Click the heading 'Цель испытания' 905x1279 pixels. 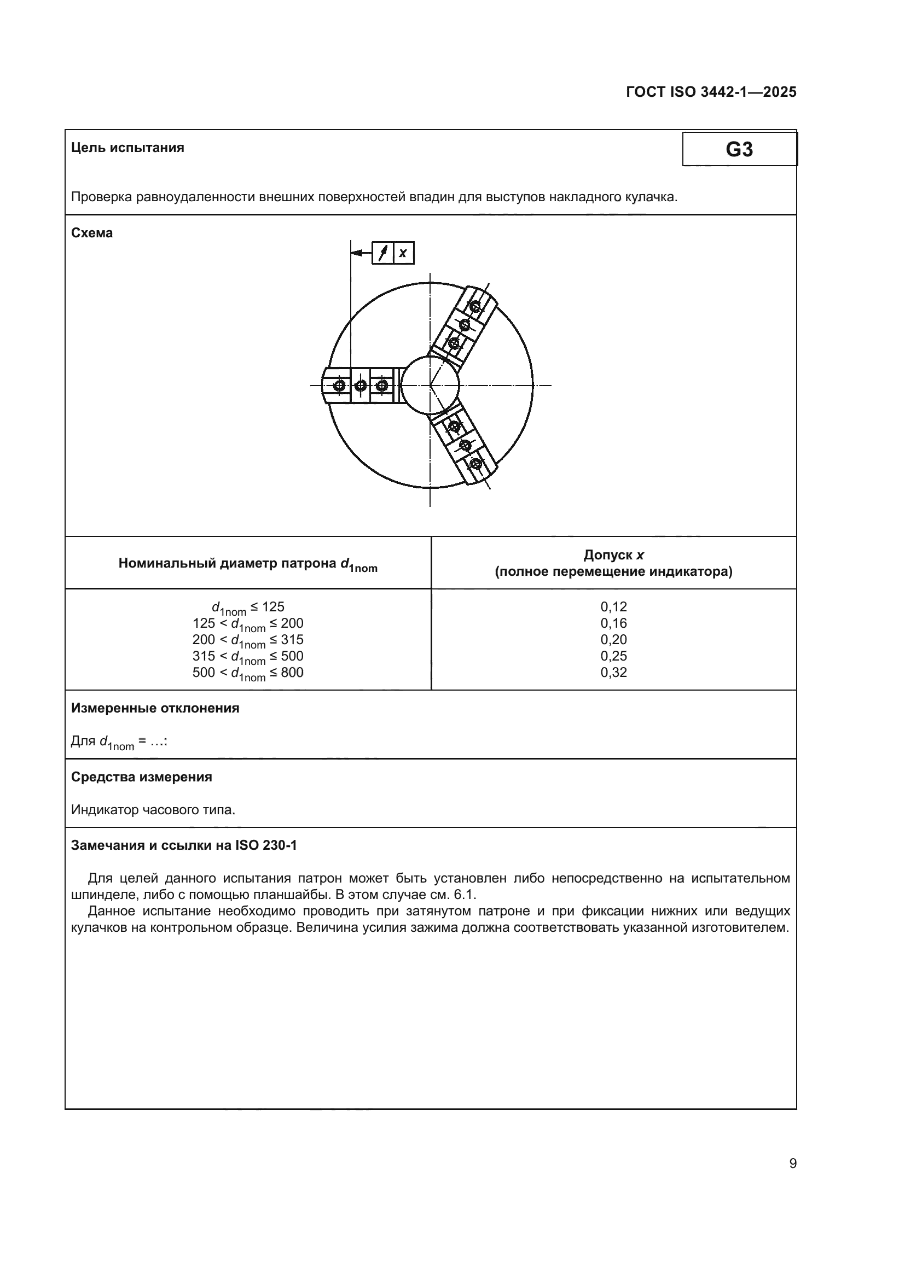pos(127,148)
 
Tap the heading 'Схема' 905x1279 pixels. pos(92,233)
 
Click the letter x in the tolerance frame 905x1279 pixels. pos(403,254)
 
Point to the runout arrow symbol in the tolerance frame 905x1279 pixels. pos(383,254)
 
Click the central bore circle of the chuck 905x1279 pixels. pos(430,385)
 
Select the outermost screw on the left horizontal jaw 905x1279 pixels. pos(339,386)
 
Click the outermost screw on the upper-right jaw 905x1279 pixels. pos(475,306)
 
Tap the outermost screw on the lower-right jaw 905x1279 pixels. pos(475,464)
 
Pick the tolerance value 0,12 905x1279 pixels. pos(613,606)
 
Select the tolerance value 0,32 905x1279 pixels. pos(613,673)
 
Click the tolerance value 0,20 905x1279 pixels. pos(613,640)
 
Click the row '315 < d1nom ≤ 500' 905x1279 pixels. pos(248,657)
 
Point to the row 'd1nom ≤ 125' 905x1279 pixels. pos(248,608)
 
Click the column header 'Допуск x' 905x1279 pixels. pos(613,555)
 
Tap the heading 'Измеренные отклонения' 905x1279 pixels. pos(155,709)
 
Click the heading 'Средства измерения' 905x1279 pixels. pos(142,777)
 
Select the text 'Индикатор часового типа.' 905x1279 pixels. pos(153,810)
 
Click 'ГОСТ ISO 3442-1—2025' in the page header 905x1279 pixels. pos(711,92)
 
